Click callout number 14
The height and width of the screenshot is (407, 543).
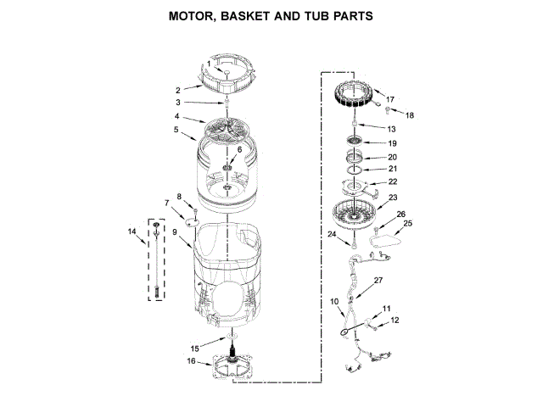(x=132, y=231)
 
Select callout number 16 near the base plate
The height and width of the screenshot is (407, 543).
(x=191, y=361)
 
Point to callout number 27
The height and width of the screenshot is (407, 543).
(x=378, y=280)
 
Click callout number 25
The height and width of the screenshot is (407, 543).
(x=407, y=223)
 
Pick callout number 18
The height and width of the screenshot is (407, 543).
(x=410, y=114)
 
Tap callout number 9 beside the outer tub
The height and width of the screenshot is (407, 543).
(x=173, y=231)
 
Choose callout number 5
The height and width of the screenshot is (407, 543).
(x=176, y=131)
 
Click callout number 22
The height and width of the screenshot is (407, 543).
(x=392, y=181)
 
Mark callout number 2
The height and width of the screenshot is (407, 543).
(x=177, y=90)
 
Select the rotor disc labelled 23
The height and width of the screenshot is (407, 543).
(x=353, y=213)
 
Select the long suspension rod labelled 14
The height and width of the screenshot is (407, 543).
(x=156, y=258)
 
